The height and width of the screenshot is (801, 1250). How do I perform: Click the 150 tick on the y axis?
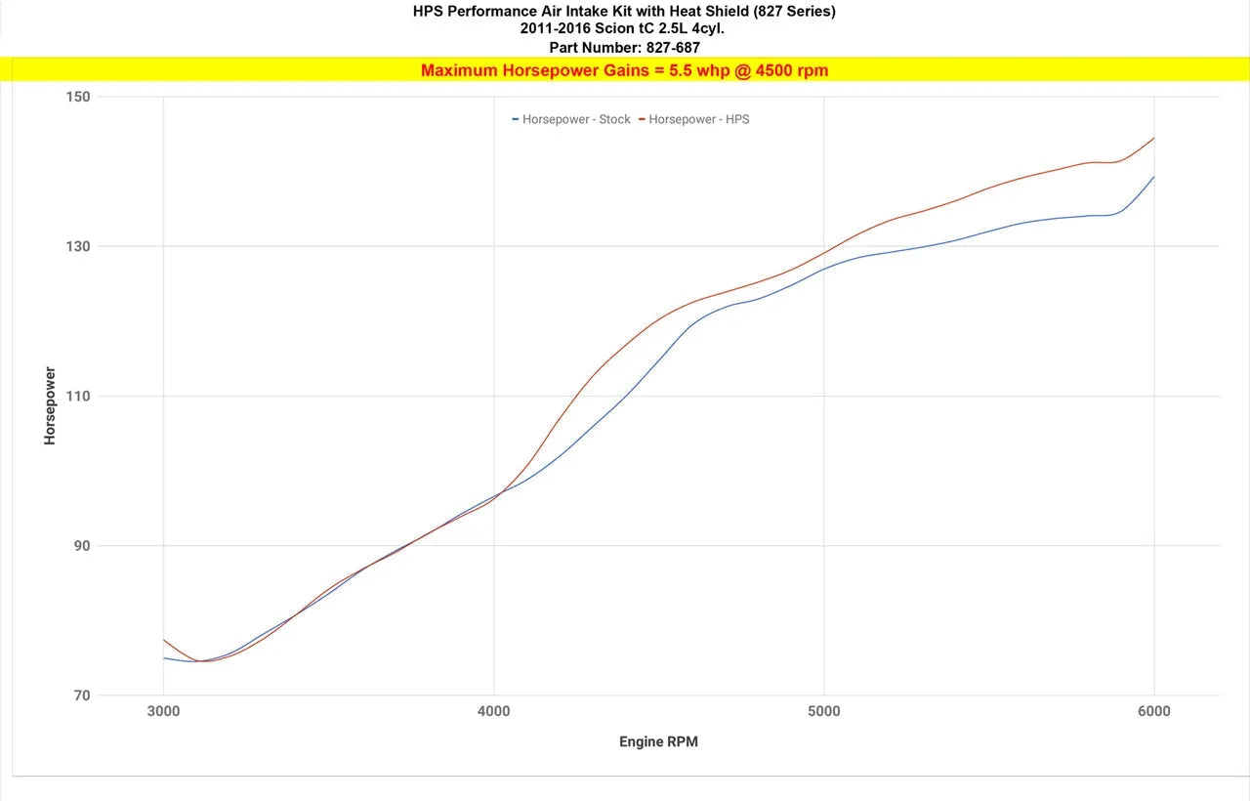point(78,97)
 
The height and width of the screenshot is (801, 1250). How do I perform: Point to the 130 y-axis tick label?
point(78,246)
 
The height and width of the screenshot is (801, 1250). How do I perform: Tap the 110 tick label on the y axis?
point(78,397)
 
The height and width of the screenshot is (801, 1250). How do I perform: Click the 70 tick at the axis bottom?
point(81,696)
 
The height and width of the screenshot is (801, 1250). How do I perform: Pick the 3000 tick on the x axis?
point(163,711)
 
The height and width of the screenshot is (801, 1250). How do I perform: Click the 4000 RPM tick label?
point(493,711)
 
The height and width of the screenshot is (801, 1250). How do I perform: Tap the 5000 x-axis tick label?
point(824,711)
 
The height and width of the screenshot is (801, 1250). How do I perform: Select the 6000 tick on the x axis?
point(1153,711)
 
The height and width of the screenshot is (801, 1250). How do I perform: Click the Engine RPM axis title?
point(658,741)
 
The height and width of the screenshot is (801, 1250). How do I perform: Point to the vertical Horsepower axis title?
point(50,406)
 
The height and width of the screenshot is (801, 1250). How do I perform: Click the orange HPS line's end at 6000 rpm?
point(1153,138)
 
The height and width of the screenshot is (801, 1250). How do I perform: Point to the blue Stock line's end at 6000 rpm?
point(1153,177)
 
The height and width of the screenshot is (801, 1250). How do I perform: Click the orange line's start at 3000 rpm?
point(164,640)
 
